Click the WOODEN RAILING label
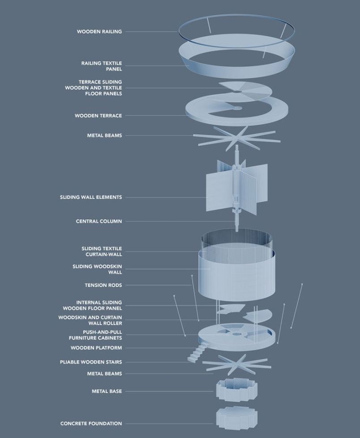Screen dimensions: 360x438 click(x=99, y=32)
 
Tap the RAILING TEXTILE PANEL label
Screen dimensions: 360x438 click(x=102, y=66)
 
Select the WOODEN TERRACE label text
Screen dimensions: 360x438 click(x=98, y=116)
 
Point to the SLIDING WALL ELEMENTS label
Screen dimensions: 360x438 click(x=91, y=197)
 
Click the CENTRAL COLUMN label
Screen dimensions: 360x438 click(x=99, y=221)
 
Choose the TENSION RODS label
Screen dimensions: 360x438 click(x=103, y=285)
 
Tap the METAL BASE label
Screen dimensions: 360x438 click(x=107, y=392)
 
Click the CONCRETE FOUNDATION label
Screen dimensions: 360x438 click(x=91, y=424)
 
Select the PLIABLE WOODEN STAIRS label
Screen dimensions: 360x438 click(x=91, y=362)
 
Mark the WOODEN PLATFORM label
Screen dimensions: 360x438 click(x=96, y=348)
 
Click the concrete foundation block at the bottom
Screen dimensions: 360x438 click(x=237, y=418)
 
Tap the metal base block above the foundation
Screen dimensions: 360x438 click(x=237, y=389)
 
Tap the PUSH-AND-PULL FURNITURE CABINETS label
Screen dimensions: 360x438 click(x=95, y=335)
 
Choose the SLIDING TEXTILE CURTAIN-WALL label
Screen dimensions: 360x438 click(x=102, y=251)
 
